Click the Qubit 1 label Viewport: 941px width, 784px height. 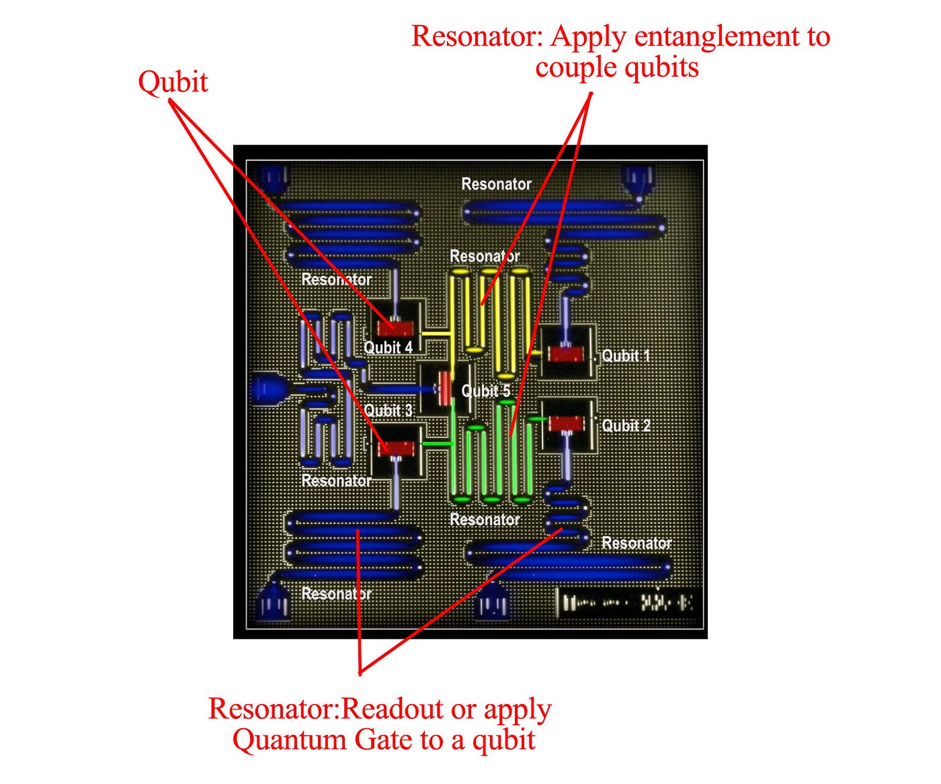click(626, 356)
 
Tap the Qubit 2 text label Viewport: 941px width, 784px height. click(626, 426)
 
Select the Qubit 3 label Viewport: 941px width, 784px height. click(388, 411)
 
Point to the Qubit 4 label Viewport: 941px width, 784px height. click(388, 347)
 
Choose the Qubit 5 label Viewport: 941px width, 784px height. click(485, 391)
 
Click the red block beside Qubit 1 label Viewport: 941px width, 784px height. click(567, 354)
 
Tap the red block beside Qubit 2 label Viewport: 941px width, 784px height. click(567, 423)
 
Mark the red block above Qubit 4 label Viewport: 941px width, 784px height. click(395, 329)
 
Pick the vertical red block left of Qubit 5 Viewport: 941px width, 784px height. click(444, 389)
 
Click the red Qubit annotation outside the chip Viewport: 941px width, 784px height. click(173, 83)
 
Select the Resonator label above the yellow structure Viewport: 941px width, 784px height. click(484, 257)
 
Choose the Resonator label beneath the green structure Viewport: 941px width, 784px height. click(484, 519)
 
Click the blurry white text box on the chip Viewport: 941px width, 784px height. click(628, 602)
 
